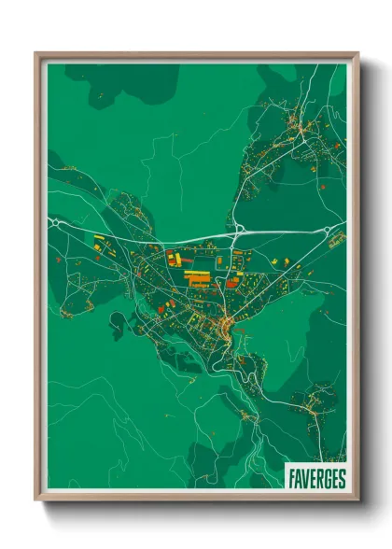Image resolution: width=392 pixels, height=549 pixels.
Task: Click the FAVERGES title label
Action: (x=315, y=479)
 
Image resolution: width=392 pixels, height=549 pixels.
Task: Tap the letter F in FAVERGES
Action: (x=291, y=479)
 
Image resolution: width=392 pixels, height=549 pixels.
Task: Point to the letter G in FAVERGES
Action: (x=327, y=479)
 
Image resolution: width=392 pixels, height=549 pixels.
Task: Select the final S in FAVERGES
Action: (x=342, y=479)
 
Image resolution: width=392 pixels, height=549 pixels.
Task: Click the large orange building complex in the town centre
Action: (x=197, y=277)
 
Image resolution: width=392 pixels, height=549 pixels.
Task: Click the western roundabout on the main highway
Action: (x=57, y=225)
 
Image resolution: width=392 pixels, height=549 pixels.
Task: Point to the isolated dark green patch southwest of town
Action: (x=119, y=324)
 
